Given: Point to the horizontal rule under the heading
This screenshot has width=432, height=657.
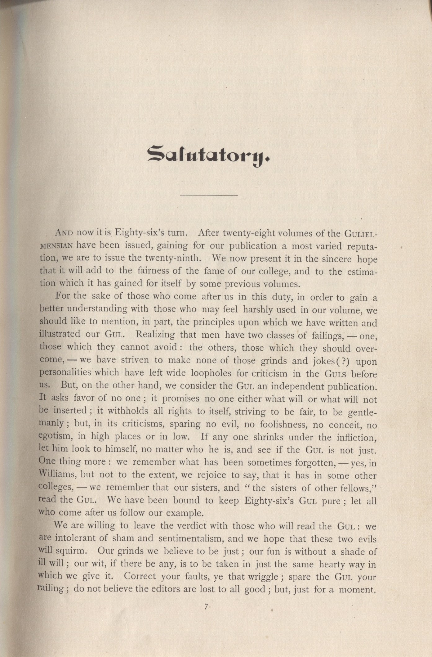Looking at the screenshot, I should point(209,195).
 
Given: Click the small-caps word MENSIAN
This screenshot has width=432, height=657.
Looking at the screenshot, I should point(56,246).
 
